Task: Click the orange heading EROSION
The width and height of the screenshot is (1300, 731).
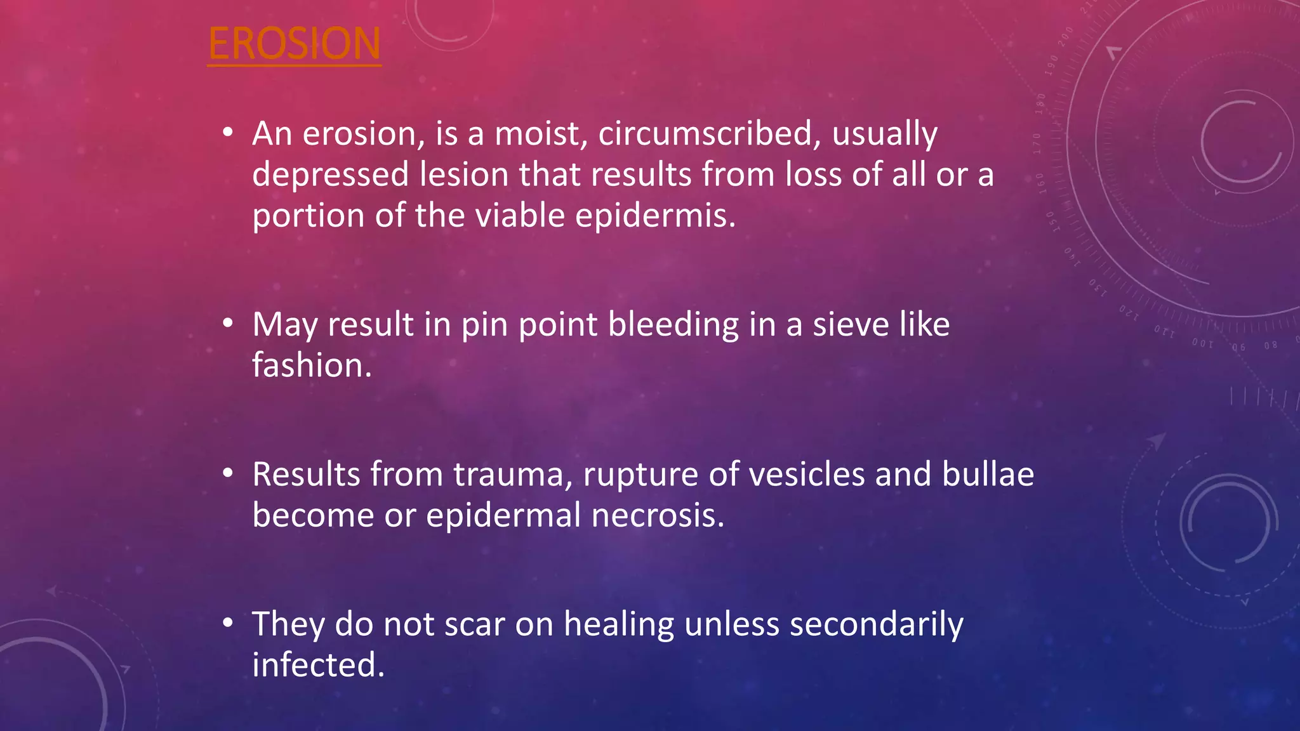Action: (294, 44)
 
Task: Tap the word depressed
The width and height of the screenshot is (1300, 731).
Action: (330, 175)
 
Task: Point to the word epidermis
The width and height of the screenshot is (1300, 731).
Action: (655, 216)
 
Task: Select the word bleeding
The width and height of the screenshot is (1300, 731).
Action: (673, 325)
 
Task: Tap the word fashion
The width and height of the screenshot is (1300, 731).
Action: (312, 365)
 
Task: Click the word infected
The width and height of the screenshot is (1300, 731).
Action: (318, 665)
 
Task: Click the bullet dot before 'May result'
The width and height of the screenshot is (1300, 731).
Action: (228, 324)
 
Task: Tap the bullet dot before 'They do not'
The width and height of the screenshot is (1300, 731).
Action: (228, 623)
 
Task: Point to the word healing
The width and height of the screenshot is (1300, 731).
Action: (618, 624)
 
